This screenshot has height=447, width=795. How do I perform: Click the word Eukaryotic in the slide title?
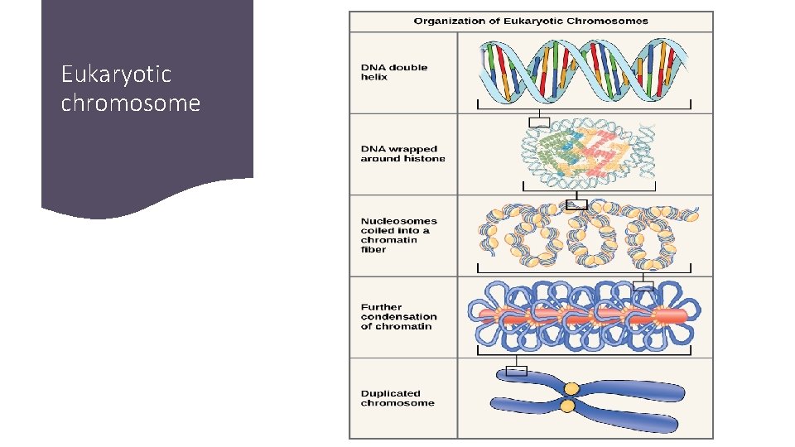click(116, 74)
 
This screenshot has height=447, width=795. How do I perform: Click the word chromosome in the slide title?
click(131, 103)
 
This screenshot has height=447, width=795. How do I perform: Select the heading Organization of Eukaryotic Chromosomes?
click(531, 21)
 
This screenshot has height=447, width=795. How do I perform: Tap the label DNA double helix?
click(394, 72)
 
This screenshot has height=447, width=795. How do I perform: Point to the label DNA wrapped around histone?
click(402, 154)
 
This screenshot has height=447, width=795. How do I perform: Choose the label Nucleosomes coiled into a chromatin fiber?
click(398, 235)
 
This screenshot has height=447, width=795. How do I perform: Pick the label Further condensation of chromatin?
click(398, 316)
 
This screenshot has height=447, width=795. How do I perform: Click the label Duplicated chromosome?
click(397, 398)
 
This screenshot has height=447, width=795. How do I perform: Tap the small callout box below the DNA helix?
click(539, 123)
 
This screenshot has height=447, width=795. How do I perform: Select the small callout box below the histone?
click(576, 204)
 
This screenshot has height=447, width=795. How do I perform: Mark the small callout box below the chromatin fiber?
click(643, 286)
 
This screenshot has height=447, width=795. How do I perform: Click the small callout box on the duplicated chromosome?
click(517, 370)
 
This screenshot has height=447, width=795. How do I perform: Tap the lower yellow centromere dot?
click(567, 406)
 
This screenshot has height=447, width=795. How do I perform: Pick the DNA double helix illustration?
click(585, 67)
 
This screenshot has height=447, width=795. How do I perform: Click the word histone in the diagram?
click(425, 159)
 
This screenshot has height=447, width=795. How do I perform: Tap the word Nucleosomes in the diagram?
click(399, 221)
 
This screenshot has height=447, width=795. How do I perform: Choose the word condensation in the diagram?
click(399, 316)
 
